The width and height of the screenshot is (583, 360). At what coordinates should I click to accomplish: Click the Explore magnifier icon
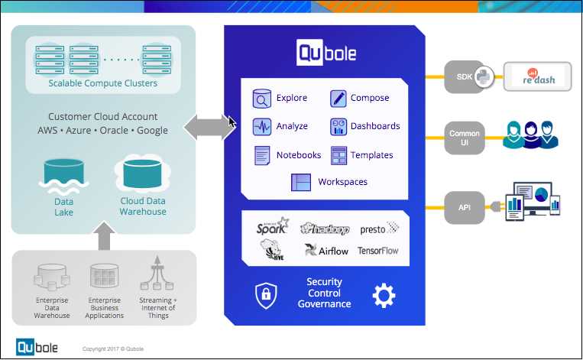(262, 99)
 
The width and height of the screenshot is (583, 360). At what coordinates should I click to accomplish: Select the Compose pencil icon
(338, 99)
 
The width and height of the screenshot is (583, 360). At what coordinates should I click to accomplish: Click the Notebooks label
(299, 155)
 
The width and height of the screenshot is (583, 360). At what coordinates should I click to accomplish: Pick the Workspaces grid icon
(302, 182)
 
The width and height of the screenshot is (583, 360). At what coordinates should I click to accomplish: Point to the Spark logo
(273, 226)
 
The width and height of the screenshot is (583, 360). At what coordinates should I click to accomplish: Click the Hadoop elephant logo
(325, 229)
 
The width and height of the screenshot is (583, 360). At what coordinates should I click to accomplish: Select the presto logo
(380, 227)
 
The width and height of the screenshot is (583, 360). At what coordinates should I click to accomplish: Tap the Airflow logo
(326, 250)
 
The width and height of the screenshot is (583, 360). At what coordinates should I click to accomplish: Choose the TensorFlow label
(378, 251)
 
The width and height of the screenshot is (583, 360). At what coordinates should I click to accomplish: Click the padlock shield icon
(265, 295)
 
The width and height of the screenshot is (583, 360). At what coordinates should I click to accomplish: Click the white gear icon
(383, 295)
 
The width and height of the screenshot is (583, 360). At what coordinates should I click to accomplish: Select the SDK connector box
(465, 76)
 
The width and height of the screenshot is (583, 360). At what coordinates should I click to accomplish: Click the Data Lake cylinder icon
(63, 177)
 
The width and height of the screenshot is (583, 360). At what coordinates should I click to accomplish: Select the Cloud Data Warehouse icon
(142, 175)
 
